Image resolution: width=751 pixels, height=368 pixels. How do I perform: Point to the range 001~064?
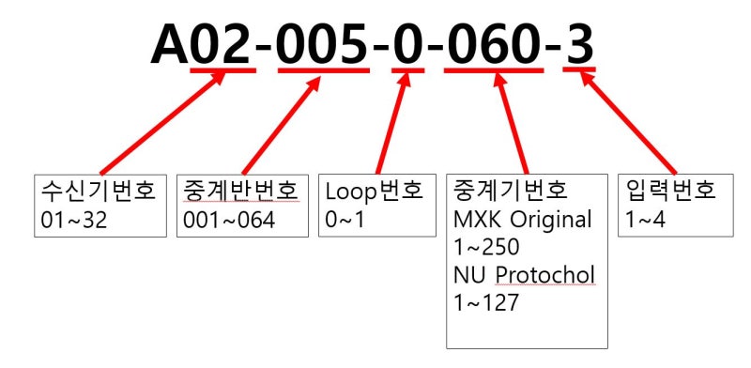pyautogui.click(x=229, y=221)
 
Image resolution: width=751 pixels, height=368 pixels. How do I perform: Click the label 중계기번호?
pyautogui.click(x=510, y=192)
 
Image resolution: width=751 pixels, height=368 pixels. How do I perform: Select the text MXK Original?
pyautogui.click(x=523, y=221)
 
